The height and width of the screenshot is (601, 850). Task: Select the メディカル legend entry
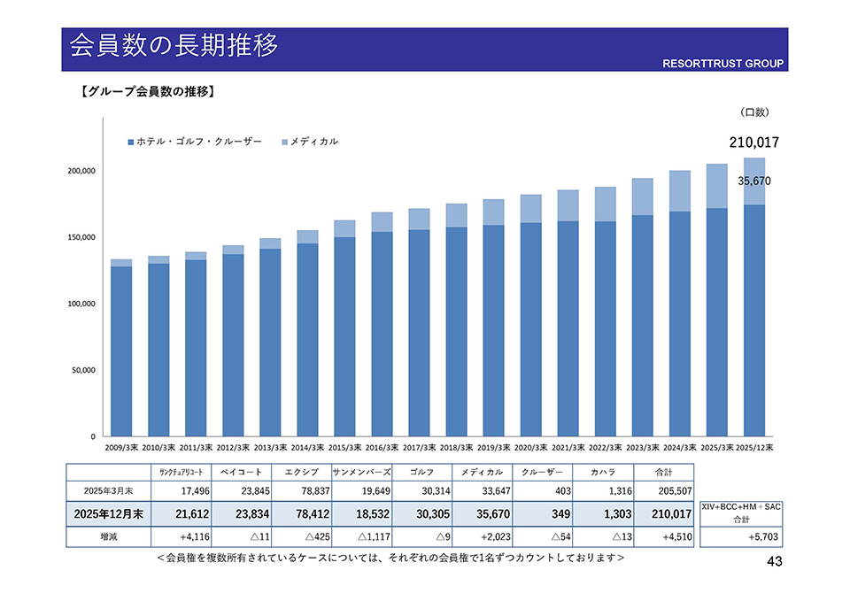[x=309, y=142]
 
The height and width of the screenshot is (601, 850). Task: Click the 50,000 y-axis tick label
[x=82, y=370]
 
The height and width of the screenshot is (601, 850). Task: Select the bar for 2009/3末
[x=121, y=350]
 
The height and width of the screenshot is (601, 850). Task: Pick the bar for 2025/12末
[x=754, y=301]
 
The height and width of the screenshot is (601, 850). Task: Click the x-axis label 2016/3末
[x=382, y=448]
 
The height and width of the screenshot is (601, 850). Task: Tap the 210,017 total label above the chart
[x=753, y=142]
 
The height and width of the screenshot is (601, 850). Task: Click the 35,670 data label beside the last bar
[x=754, y=181]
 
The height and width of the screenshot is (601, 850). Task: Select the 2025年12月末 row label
[x=109, y=513]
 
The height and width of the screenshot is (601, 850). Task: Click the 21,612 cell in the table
[x=181, y=513]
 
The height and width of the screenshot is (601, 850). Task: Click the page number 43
[x=775, y=562]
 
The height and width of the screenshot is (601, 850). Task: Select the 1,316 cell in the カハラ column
[x=600, y=491]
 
